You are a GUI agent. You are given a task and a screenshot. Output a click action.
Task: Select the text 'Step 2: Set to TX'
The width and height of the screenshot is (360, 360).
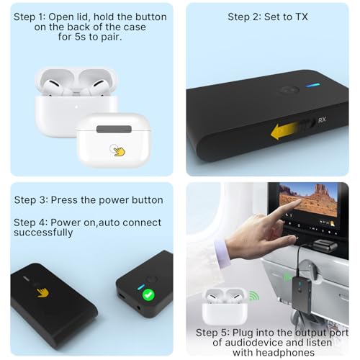(x=267, y=17)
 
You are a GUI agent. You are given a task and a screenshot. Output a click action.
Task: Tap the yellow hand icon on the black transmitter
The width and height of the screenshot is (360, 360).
(x=43, y=293)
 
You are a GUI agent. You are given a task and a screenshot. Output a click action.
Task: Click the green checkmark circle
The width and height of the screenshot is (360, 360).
(x=148, y=294)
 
